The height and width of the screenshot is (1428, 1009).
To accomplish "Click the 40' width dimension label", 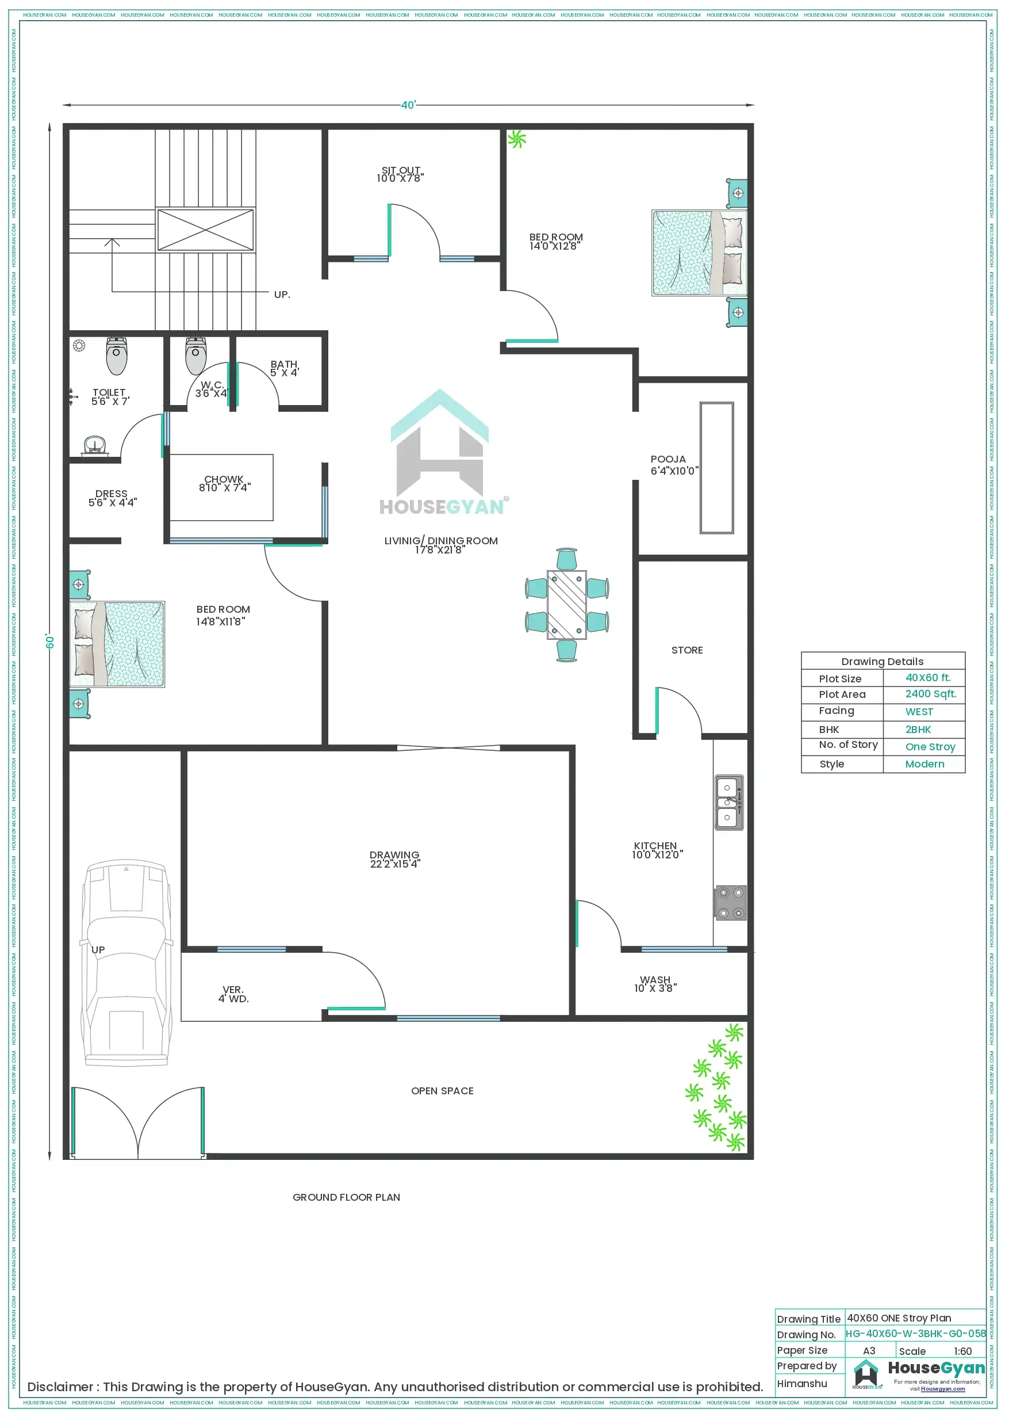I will pos(408,105).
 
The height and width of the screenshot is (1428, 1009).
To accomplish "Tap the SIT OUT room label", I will pos(401,170).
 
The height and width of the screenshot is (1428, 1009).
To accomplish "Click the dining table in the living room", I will pos(566,604).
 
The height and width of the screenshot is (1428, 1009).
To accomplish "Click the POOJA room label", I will pos(667,459).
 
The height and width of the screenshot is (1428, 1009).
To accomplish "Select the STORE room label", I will pos(686,650).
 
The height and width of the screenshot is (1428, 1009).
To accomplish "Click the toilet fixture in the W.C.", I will pos(196,356).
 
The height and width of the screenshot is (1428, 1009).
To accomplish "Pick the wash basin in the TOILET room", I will pos(94,445).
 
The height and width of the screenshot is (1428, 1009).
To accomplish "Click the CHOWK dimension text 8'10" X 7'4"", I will pos(224,488).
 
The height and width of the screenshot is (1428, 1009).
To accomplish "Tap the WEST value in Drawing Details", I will pos(918,712).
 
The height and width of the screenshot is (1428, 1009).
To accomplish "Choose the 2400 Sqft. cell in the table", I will pos(930,693).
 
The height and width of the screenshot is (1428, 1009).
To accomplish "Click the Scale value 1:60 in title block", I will pos(962,1351).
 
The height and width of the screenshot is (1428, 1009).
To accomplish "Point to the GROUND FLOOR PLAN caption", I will pos(346,1197).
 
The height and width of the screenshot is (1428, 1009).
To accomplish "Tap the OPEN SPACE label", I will pos(442,1091).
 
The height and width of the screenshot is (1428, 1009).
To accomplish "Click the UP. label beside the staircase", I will pos(282,295).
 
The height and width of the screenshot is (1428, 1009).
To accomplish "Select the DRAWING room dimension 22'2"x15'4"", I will pos(395,864).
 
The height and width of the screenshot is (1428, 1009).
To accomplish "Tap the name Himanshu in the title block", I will pos(801,1383).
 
